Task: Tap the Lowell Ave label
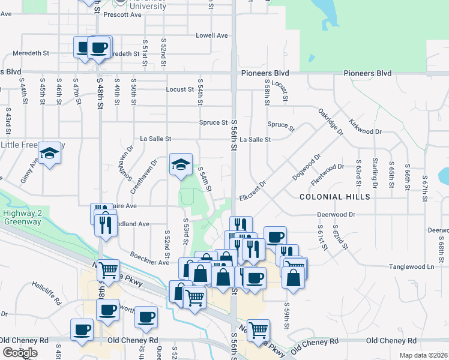(212, 35)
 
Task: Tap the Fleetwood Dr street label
(328, 172)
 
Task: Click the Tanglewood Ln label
(411, 266)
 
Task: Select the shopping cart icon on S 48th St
(108, 271)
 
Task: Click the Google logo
(19, 353)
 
